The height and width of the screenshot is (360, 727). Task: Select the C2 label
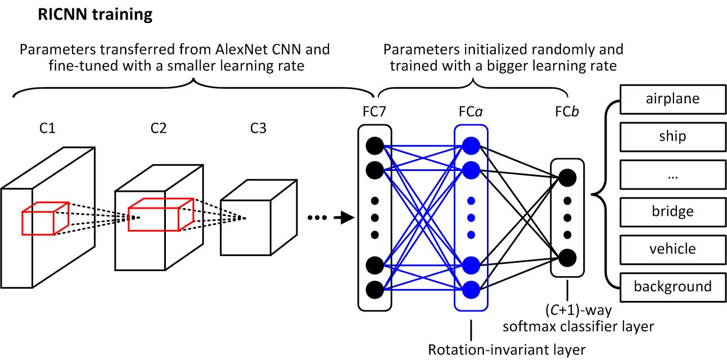[x=158, y=129]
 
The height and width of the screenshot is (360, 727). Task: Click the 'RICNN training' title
[x=94, y=15]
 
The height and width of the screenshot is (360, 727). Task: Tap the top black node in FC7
[x=374, y=146]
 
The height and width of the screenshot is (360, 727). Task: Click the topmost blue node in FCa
[x=471, y=146]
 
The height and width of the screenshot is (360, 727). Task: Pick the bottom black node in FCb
[x=567, y=258]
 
